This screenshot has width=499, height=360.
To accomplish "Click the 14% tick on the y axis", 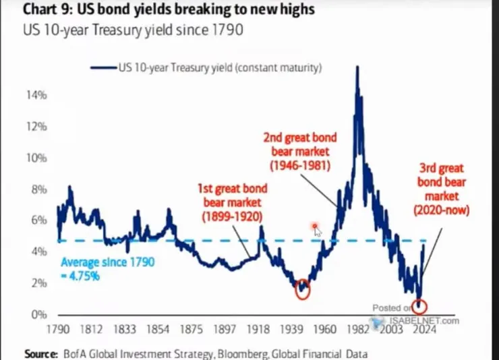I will [x=37, y=95].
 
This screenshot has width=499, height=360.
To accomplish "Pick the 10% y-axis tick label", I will [x=37, y=158].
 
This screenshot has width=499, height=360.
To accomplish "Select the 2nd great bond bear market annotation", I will [x=300, y=152].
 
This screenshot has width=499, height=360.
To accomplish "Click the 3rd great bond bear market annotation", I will [x=442, y=189].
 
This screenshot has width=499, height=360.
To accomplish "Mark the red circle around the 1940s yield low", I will [x=302, y=289].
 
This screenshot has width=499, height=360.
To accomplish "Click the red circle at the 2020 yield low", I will [x=421, y=306].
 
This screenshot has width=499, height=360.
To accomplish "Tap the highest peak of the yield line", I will [x=356, y=67].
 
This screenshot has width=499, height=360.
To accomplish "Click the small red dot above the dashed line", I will [x=314, y=227].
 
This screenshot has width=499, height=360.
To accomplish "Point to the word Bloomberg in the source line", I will [x=233, y=353].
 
